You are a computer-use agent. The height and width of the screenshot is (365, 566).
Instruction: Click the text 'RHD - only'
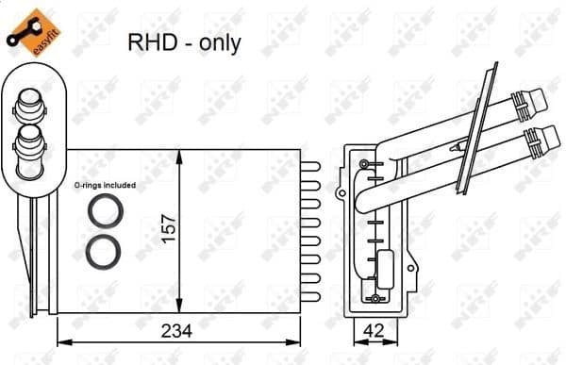tap(184, 43)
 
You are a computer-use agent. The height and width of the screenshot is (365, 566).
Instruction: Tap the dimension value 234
tap(178, 331)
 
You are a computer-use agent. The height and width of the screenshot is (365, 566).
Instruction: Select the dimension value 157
tap(170, 232)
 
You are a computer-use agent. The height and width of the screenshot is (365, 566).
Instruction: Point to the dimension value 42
tap(375, 331)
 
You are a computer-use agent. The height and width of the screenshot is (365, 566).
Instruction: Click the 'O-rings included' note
tap(104, 186)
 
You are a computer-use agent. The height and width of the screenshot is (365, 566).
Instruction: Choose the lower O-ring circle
tap(102, 251)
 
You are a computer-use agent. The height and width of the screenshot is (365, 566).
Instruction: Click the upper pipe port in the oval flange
tap(28, 106)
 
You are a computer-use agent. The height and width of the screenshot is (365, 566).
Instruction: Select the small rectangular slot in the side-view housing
tap(386, 263)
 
